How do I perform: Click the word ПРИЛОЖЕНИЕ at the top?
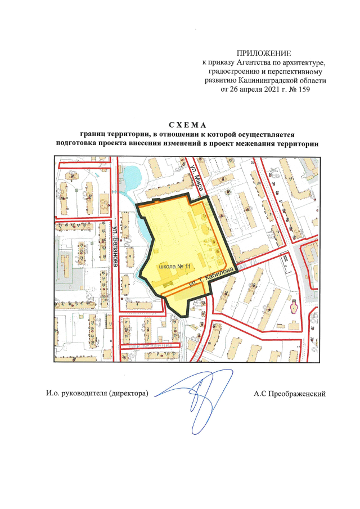pos(264,52)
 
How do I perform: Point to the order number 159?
pos(304,89)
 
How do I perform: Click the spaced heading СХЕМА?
pos(188,124)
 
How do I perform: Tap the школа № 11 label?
pos(175,264)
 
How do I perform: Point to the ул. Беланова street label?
pos(115,247)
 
